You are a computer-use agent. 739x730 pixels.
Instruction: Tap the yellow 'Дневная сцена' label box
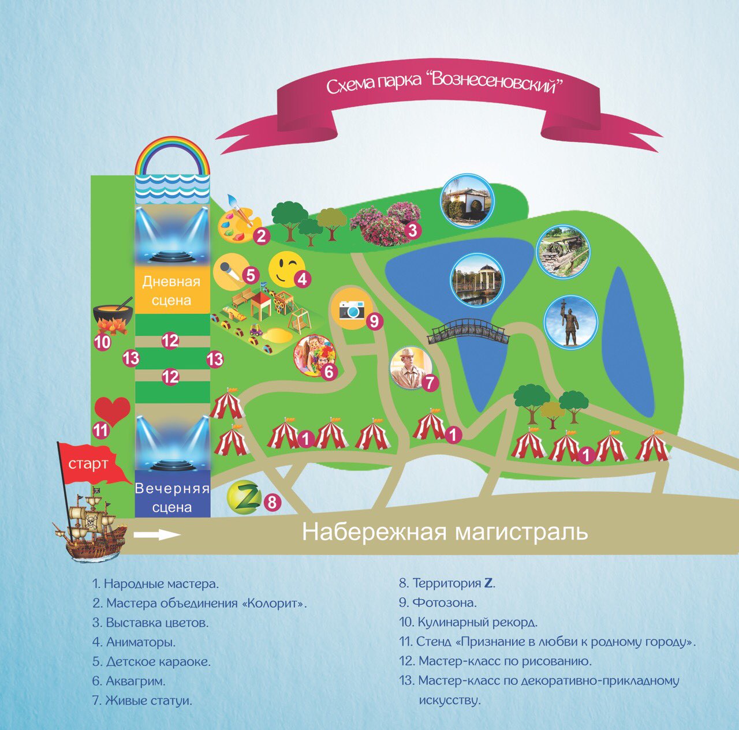click(171, 290)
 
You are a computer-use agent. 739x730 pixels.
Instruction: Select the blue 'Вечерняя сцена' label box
click(172, 497)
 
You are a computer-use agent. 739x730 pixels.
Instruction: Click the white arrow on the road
click(157, 535)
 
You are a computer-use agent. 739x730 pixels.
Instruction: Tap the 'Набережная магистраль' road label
click(445, 531)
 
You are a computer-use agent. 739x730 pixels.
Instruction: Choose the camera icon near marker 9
click(352, 310)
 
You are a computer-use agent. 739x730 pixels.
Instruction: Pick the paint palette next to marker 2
click(237, 220)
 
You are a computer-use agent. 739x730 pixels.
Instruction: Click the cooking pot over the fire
click(113, 317)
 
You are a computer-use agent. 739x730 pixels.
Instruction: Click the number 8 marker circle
click(273, 502)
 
